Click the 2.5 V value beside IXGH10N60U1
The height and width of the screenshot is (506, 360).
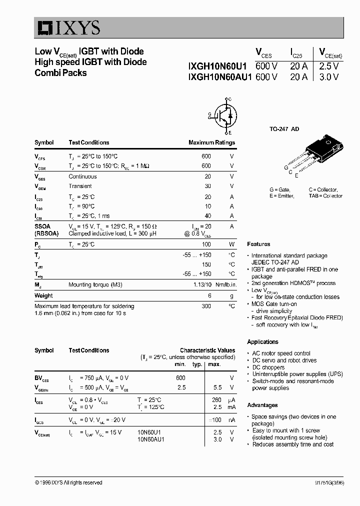pos(328,65)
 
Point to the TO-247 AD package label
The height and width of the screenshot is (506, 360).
pos(284,129)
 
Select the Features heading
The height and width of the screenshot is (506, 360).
pos(258,244)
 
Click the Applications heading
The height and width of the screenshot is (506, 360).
pos(262,342)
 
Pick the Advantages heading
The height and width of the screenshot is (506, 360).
pos(262,405)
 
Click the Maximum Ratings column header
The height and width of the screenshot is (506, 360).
pos(211,142)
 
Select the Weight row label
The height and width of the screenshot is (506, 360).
pos(43,295)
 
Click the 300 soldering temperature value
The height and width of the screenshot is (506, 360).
pos(206,306)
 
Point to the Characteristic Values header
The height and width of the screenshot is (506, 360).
pos(207,350)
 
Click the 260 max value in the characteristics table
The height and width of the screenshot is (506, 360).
pos(216,399)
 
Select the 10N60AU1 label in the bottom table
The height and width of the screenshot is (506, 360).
pos(150,439)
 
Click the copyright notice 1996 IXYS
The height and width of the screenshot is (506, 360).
pos(68,482)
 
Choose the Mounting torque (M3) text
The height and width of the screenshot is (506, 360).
pos(95,284)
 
